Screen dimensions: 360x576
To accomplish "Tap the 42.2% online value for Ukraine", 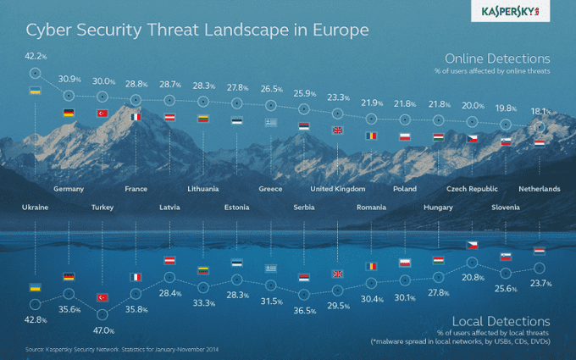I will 36,58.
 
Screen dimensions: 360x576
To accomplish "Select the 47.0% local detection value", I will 102,331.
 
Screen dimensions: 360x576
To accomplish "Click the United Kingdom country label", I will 338,188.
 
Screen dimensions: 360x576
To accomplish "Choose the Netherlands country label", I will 539,188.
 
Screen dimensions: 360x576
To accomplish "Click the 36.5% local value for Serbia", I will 304,311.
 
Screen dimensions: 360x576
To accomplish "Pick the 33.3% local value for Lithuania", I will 203,302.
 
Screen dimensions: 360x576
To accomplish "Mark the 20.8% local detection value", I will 474,277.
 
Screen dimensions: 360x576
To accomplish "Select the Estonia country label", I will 237,207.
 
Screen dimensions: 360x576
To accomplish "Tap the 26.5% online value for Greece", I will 271,89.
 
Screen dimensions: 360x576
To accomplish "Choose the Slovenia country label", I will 506,207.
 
